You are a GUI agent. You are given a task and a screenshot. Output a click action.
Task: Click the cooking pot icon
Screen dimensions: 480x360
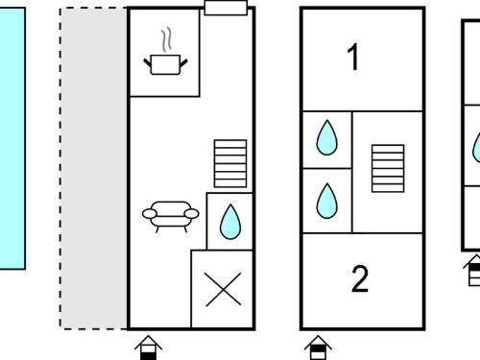165,64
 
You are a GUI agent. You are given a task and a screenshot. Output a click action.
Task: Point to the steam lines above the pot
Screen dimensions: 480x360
166,39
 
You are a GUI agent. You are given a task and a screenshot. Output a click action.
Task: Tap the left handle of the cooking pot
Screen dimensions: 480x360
147,62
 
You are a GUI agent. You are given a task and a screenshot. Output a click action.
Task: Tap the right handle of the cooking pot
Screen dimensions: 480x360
183,62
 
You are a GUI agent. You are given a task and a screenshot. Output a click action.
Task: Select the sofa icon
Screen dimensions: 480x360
171,216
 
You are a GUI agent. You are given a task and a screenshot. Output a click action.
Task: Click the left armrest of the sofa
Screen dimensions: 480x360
150,213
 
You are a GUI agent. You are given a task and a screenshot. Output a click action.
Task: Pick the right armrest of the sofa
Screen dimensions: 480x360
192,213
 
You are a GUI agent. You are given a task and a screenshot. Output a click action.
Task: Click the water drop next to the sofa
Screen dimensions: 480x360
230,222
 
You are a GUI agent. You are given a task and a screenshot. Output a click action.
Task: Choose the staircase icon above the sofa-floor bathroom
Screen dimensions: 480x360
230,163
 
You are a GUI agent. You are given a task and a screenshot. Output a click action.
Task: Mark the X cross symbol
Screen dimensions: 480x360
223,289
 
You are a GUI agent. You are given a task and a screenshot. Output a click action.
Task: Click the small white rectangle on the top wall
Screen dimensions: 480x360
226,8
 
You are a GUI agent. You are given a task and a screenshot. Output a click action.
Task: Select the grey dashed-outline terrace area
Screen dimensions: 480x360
93,168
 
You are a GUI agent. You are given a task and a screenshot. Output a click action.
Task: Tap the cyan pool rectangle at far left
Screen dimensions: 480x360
12,138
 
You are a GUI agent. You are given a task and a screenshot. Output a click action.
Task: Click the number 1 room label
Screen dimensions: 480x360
352,58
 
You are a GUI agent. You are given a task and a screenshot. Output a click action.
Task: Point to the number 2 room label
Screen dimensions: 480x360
360,279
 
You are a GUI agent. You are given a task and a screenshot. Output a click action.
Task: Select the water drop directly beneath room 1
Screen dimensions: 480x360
326,137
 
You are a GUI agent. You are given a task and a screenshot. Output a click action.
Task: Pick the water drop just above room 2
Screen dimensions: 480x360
326,201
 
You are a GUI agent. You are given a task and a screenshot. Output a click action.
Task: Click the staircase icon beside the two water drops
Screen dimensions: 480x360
388,169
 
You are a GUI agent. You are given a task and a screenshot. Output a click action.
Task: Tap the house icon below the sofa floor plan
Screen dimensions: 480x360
148,348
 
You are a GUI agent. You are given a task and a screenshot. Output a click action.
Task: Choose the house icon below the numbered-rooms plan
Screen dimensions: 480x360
318,348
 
